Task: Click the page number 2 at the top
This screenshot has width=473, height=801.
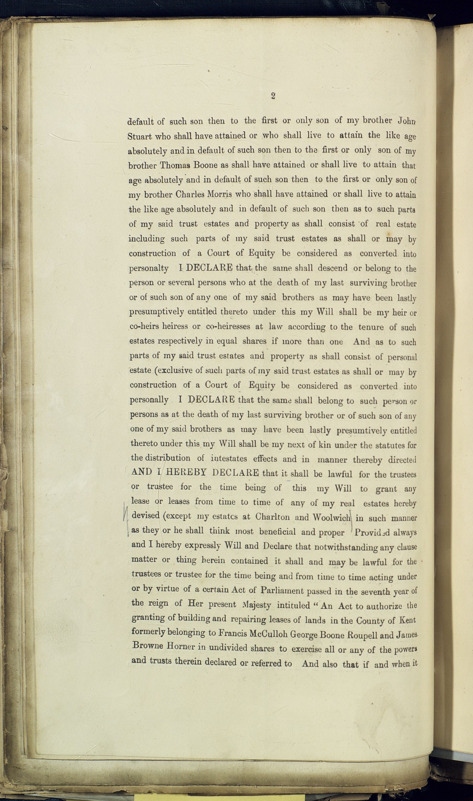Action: [x=273, y=96]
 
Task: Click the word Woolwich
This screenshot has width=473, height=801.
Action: [x=331, y=517]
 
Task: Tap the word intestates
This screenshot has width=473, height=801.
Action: [x=229, y=459]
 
